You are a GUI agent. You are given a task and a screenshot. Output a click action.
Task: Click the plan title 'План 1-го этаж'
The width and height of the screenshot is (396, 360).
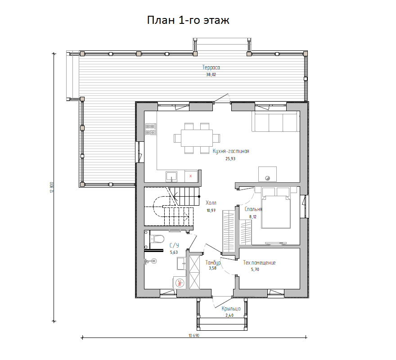pyautogui.click(x=188, y=20)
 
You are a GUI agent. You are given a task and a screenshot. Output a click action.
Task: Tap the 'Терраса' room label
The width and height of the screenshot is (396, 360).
pyautogui.click(x=211, y=67)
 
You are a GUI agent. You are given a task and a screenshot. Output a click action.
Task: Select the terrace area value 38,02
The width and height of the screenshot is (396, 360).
pyautogui.click(x=211, y=75)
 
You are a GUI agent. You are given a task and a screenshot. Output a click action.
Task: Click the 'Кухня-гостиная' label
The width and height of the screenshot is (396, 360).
pyautogui.click(x=231, y=151)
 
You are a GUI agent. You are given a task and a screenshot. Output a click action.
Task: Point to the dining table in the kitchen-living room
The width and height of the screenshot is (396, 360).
pyautogui.click(x=197, y=138)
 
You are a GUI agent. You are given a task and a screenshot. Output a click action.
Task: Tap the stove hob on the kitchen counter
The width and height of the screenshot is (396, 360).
pyautogui.click(x=150, y=129)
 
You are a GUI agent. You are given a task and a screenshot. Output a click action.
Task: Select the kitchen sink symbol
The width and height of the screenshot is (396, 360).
pyautogui.click(x=171, y=176)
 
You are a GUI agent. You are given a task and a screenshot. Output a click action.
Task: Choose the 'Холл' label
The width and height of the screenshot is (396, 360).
pyautogui.click(x=211, y=202)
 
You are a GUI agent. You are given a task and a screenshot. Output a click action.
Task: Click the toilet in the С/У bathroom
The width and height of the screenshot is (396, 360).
pyautogui.click(x=157, y=239)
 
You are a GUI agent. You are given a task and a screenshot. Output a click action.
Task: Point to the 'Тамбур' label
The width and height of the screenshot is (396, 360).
pyautogui.click(x=213, y=263)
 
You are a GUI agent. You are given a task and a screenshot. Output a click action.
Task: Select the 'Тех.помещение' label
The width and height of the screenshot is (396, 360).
pyautogui.click(x=259, y=263)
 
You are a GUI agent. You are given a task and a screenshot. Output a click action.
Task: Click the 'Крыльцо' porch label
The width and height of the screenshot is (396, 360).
pyautogui.click(x=231, y=308)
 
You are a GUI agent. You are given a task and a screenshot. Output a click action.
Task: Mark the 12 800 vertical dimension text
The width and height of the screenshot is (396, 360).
pyautogui.click(x=52, y=188)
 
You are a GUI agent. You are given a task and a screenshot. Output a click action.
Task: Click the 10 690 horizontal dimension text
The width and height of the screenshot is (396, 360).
pyautogui.click(x=194, y=336)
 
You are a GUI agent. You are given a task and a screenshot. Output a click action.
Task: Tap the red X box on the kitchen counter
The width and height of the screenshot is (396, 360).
pyautogui.click(x=191, y=176)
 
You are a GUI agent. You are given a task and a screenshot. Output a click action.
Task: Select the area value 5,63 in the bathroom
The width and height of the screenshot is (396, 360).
pyautogui.click(x=174, y=252)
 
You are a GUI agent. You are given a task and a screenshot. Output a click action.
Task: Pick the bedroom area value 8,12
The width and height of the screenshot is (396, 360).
pyautogui.click(x=253, y=217)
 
